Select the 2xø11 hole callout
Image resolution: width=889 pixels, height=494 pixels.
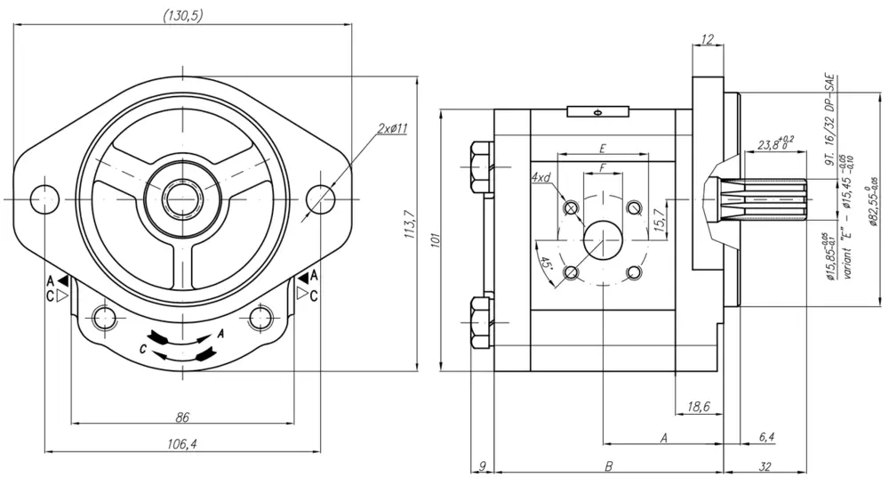click(x=391, y=129)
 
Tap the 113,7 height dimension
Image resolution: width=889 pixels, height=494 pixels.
click(x=409, y=224)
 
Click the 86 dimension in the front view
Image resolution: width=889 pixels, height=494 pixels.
click(x=182, y=417)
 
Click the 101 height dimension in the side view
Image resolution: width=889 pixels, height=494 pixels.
click(x=436, y=240)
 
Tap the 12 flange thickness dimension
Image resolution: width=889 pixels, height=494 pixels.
click(x=708, y=39)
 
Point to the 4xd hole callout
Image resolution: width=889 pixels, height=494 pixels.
click(x=541, y=178)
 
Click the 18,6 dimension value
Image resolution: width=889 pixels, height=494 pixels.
click(x=699, y=407)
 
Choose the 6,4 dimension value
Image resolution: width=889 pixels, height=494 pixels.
click(x=767, y=437)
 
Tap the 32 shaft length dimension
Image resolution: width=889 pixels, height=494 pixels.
click(x=765, y=466)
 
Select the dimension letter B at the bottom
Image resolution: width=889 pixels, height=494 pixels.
click(x=609, y=466)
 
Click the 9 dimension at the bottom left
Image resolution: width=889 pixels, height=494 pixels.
click(x=481, y=466)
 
